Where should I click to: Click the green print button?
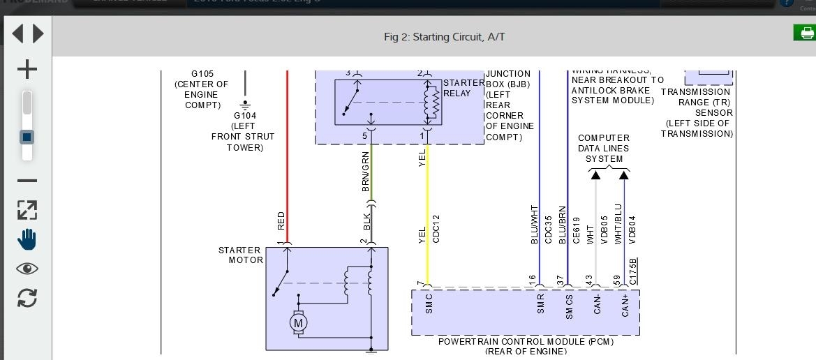pyautogui.click(x=804, y=33)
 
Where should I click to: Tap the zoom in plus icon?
pyautogui.click(x=27, y=69)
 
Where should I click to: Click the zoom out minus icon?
pyautogui.click(x=27, y=181)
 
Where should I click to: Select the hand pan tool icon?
pyautogui.click(x=27, y=239)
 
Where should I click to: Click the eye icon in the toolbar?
pyautogui.click(x=27, y=269)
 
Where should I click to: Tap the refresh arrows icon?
pyautogui.click(x=27, y=298)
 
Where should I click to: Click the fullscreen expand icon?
pyautogui.click(x=27, y=210)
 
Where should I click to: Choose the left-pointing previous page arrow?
pyautogui.click(x=17, y=33)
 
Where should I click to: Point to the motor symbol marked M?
pyautogui.click(x=299, y=323)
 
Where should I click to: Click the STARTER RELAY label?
pyautogui.click(x=463, y=88)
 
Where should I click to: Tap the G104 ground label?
pyautogui.click(x=245, y=116)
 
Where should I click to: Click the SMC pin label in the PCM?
pyautogui.click(x=429, y=303)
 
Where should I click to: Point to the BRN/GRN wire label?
pyautogui.click(x=366, y=172)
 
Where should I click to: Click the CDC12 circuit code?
pyautogui.click(x=437, y=229)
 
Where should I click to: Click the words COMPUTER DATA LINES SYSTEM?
pyautogui.click(x=604, y=149)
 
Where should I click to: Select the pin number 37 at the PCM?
pyautogui.click(x=561, y=279)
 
